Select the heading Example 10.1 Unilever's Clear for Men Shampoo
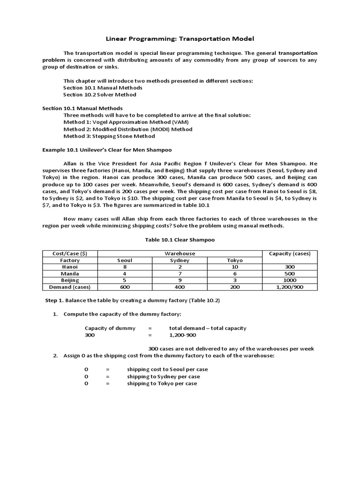coord(107,150)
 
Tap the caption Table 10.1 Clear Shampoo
coord(180,240)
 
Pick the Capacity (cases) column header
coord(289,254)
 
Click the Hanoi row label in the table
coord(70,267)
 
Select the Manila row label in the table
coord(70,273)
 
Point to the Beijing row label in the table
coord(70,280)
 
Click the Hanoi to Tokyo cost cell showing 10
coord(235,267)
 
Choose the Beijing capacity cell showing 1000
coord(289,280)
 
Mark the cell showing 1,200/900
coord(289,287)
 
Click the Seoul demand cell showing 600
coord(124,287)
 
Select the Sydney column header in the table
coord(179,260)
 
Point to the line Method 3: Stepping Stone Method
coord(109,136)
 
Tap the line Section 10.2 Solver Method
coord(100,94)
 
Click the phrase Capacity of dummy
coord(110,328)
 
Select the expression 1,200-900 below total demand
coord(183,336)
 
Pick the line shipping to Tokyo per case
coord(162,383)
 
